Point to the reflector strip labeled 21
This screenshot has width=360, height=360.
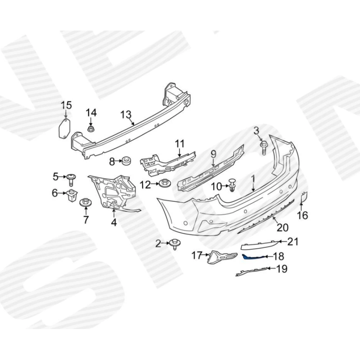[260, 245]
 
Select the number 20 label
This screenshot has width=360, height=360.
[282, 227]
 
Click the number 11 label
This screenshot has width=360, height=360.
[180, 144]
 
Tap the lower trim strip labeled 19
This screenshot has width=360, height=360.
[252, 271]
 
